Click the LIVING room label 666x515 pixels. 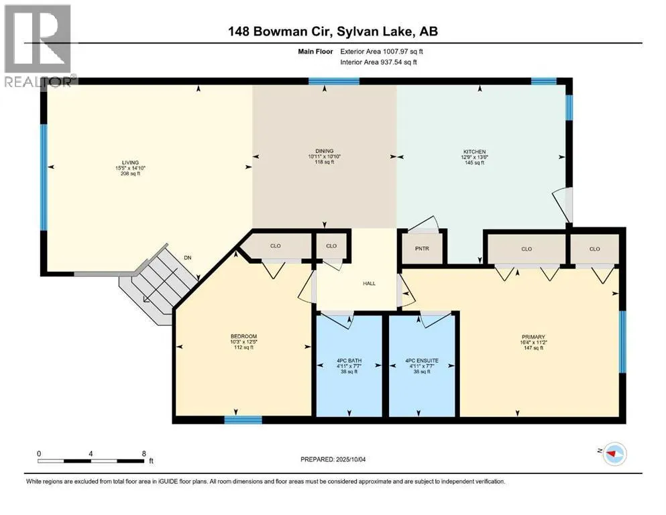click(130, 162)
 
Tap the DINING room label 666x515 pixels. click(325, 151)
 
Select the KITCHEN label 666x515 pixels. click(474, 152)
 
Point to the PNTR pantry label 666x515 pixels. click(422, 248)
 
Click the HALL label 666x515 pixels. click(369, 283)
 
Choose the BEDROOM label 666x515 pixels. click(244, 336)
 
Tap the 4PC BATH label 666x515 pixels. click(349, 361)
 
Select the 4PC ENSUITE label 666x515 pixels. click(422, 361)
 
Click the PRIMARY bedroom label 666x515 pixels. click(533, 337)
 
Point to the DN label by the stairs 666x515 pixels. click(188, 257)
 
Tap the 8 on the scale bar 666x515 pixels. click(144, 453)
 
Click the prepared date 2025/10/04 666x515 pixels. click(350, 459)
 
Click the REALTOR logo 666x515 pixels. click(38, 46)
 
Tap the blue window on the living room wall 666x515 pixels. click(44, 178)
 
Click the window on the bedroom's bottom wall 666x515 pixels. click(243, 420)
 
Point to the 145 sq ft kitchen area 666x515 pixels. click(474, 162)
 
